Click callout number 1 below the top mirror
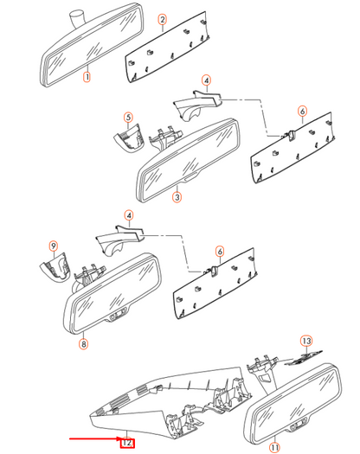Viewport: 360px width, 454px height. coord(87,77)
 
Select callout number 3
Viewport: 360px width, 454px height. coord(177,198)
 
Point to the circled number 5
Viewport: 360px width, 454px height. coord(127,117)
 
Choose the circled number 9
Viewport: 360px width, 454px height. coord(52,246)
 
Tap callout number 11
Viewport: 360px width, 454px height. coord(275,447)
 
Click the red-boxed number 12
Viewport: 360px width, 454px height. coord(126,443)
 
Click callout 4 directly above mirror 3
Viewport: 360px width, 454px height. coord(206,81)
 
